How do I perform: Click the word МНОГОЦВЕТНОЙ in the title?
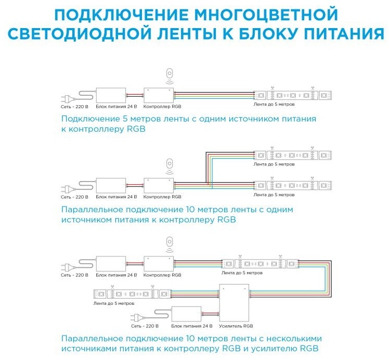[x=266, y=15]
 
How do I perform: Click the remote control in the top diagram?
[x=170, y=74]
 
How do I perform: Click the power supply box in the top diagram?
[x=111, y=95]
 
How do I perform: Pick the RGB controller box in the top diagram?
[x=159, y=95]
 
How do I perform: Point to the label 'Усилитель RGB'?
[x=236, y=326]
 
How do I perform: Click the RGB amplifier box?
[x=234, y=303]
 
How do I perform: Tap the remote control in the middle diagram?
[x=170, y=164]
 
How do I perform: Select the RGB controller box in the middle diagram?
[x=159, y=186]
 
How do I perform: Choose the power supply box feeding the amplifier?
[x=186, y=314]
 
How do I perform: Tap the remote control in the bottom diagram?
[x=170, y=242]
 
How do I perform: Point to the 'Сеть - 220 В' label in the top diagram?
[x=74, y=107]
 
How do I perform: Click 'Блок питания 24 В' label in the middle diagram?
[x=116, y=197]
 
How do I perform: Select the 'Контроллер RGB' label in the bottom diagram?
[x=162, y=275]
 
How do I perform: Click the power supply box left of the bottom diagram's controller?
[x=111, y=264]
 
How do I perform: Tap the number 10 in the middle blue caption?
[x=190, y=210]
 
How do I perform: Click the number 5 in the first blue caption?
[x=125, y=119]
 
